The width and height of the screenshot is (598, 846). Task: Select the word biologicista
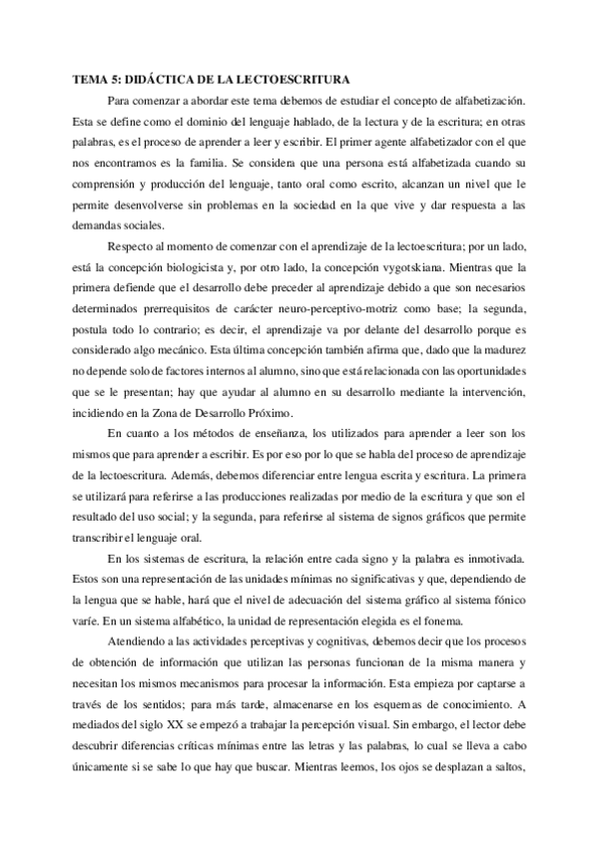click(203, 267)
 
